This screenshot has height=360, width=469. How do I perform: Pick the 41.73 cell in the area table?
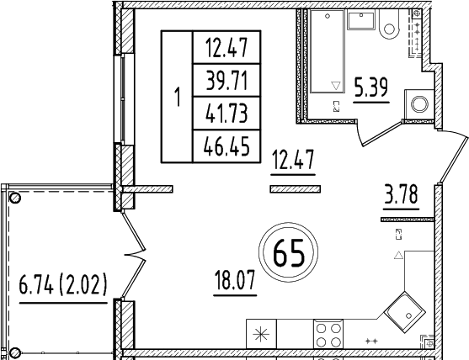[227, 114]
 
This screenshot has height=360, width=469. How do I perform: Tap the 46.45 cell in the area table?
[227, 146]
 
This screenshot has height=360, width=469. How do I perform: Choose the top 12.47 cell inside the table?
[227, 48]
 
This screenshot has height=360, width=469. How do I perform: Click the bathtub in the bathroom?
[326, 51]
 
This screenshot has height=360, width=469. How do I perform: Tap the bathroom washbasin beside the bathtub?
[359, 23]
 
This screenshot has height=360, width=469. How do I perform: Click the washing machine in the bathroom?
[418, 105]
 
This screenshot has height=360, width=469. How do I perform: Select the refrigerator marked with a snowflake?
[260, 333]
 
